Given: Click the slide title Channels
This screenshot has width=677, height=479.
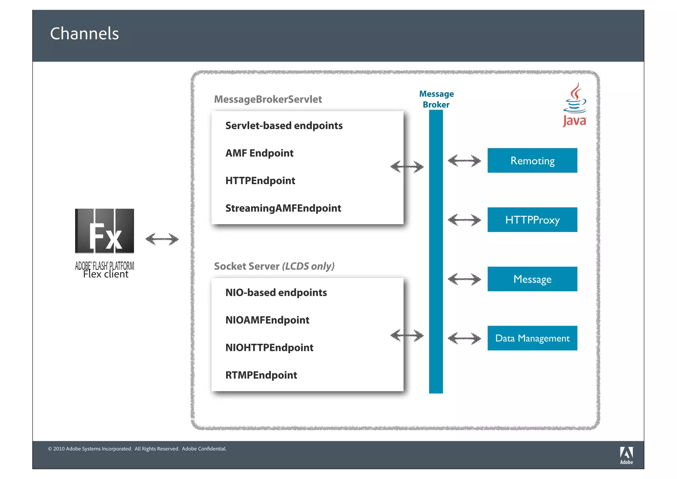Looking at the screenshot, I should click(84, 34).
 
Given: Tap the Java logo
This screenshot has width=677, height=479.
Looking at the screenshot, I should click(575, 105).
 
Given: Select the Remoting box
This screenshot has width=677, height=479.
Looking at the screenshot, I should click(532, 161).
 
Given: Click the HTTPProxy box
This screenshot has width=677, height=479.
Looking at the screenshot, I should click(532, 220).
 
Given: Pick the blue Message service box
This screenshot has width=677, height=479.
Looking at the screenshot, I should click(532, 279).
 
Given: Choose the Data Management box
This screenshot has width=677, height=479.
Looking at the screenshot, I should click(532, 338).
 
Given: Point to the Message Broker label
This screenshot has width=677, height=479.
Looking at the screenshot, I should click(436, 99).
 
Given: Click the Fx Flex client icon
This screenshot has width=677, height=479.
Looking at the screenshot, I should click(104, 231).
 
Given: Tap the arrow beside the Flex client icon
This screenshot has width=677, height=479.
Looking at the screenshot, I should click(162, 239).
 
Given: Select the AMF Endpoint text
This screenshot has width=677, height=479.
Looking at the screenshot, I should click(259, 153).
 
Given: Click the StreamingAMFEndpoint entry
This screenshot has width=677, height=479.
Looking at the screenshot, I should click(283, 208).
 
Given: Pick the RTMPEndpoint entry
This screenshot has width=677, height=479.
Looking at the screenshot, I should click(261, 375).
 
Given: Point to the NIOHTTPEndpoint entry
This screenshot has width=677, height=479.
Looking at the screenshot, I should click(269, 348).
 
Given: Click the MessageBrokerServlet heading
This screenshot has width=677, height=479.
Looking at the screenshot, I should click(268, 99).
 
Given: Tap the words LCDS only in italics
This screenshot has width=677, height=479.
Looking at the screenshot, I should click(308, 266).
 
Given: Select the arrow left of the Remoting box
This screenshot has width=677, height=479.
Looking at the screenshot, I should click(464, 161).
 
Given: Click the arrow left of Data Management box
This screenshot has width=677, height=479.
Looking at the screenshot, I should click(464, 338).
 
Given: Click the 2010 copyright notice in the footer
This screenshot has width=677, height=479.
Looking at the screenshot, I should click(137, 449).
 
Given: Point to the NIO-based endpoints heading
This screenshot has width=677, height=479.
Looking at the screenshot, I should click(276, 293).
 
